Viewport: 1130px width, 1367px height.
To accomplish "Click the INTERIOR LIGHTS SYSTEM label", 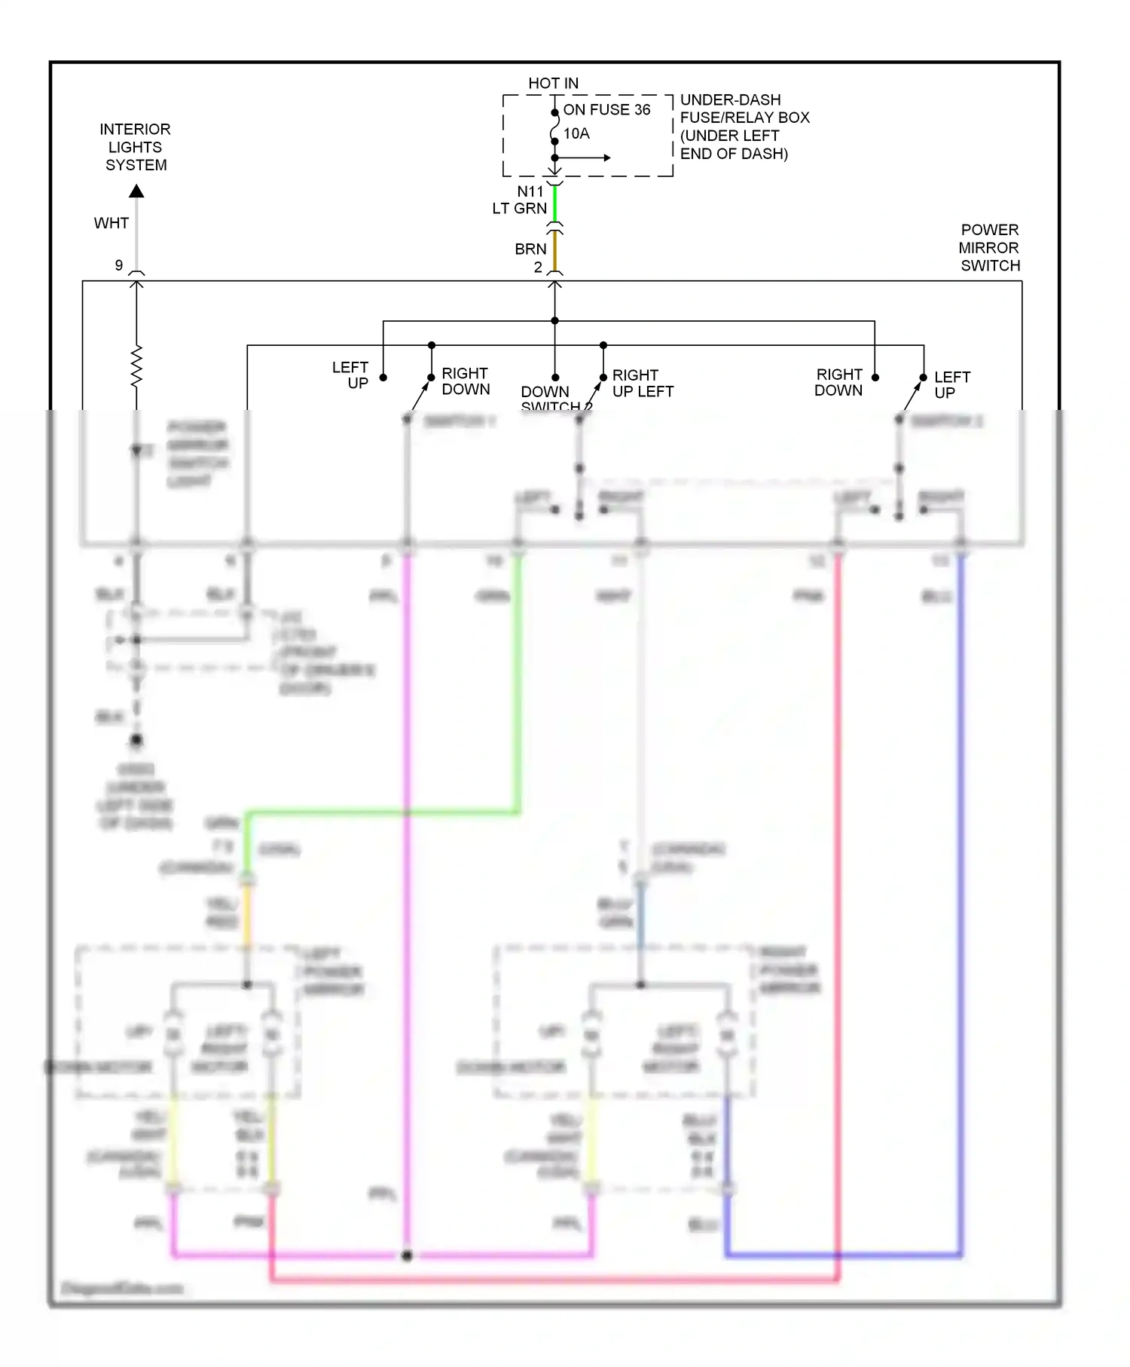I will coord(136,147).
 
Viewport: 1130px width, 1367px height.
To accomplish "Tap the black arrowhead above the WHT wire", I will coord(136,191).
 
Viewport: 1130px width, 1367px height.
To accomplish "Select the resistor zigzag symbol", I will coord(136,366).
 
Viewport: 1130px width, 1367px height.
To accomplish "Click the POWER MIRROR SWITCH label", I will coord(989,248).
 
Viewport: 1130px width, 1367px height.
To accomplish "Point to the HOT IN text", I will coord(553,83).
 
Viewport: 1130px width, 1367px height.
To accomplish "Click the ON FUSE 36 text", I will coord(606,110).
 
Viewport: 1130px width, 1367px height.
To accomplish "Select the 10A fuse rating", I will coord(576,134).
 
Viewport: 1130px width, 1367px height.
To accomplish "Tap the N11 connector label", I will coord(530,191).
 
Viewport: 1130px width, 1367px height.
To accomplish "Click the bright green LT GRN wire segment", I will coord(555,203).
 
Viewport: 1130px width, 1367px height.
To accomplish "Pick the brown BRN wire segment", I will coord(555,251).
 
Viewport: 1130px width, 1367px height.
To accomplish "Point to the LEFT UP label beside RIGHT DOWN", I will coord(351,375).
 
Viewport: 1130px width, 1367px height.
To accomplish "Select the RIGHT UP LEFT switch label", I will coord(642,384).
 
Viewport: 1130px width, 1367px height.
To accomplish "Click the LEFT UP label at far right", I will coord(951,384).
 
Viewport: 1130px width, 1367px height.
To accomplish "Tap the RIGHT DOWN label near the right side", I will coord(838,382).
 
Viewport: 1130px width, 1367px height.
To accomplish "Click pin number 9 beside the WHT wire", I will coord(119,265).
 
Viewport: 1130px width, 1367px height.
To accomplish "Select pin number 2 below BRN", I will coord(538,268).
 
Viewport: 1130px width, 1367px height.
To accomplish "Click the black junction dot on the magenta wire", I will coord(407,1255).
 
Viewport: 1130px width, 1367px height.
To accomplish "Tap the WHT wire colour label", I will coord(111,223).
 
